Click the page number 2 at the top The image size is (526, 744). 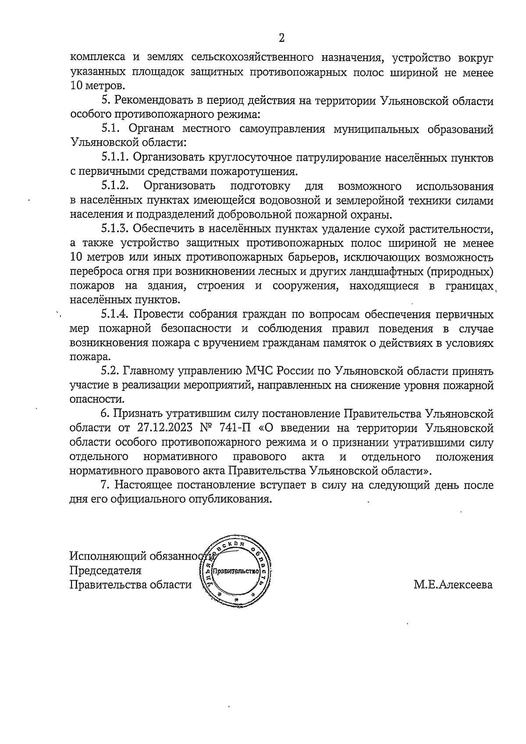click(282, 38)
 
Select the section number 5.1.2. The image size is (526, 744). click(115, 186)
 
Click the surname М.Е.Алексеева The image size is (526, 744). click(453, 585)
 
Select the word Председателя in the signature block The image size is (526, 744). click(106, 571)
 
